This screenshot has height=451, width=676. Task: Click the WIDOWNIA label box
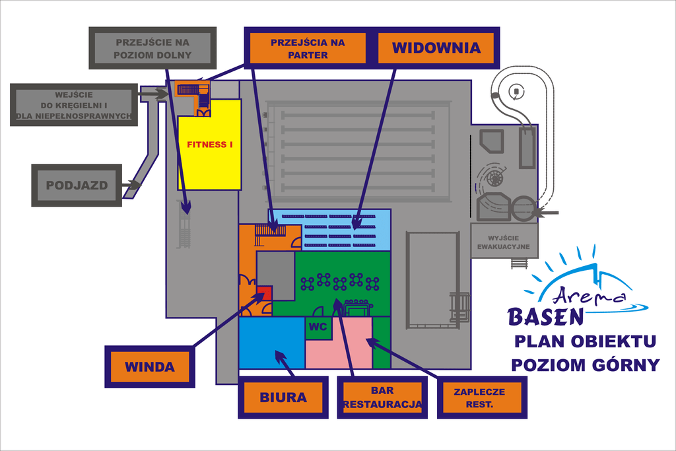(x=436, y=48)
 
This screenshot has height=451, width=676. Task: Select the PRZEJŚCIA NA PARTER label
(x=308, y=48)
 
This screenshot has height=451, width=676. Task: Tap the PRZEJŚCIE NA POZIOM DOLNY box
(x=152, y=48)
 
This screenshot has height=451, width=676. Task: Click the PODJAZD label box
(x=77, y=186)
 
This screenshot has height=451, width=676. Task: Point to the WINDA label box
(x=150, y=366)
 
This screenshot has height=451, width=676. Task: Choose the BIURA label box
(x=283, y=397)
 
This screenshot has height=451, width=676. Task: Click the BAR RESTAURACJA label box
(x=382, y=398)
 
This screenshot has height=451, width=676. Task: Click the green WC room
(x=318, y=327)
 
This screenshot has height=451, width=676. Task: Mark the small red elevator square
(x=264, y=295)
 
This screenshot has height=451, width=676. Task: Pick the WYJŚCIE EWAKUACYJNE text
(x=504, y=242)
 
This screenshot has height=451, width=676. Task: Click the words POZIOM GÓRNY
(x=585, y=364)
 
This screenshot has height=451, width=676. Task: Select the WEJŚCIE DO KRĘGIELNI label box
(x=74, y=105)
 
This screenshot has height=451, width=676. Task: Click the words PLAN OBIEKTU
(x=585, y=341)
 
